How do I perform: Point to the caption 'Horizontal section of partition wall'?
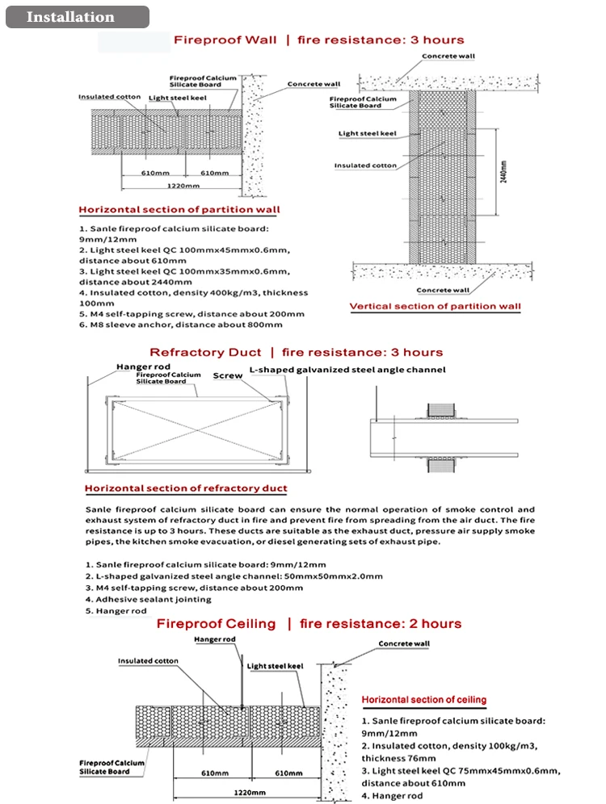179,210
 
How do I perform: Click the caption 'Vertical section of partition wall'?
435,307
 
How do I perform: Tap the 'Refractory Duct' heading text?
205,352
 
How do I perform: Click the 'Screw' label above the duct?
228,375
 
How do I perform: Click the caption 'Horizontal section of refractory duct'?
186,488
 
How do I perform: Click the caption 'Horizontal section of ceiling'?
423,700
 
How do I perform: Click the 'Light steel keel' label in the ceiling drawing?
274,666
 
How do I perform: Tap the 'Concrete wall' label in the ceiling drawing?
404,643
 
